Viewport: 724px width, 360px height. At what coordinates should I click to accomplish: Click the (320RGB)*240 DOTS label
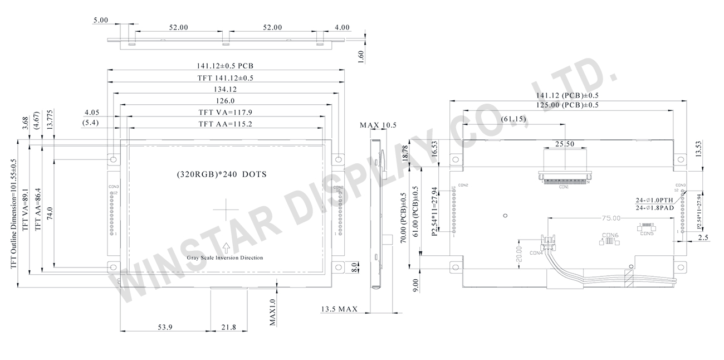[x=222, y=174]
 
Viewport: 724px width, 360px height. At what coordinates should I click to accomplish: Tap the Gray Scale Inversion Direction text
[x=225, y=258]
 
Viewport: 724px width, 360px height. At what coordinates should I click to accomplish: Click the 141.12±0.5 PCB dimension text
[x=225, y=66]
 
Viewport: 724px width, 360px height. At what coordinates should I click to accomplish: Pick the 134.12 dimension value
[x=225, y=89]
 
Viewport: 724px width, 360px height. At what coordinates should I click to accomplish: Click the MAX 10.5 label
[x=378, y=125]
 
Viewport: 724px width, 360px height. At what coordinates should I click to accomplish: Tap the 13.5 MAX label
[x=339, y=309]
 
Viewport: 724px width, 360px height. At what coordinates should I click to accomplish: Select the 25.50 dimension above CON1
[x=564, y=144]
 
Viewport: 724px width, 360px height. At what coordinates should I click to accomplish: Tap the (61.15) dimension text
[x=512, y=119]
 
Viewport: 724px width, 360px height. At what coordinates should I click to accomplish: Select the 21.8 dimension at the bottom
[x=229, y=327]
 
